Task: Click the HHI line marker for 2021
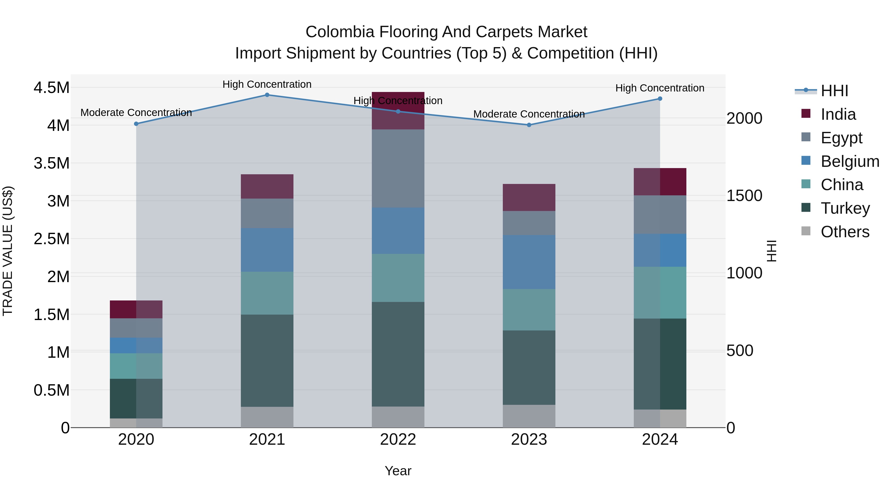(267, 95)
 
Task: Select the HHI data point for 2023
(529, 125)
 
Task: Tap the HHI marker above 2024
(660, 99)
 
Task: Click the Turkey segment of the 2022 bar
(398, 354)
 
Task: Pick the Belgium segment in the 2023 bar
(529, 262)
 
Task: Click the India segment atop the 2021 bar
(267, 186)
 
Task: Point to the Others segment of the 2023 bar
(529, 416)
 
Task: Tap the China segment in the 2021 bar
(267, 293)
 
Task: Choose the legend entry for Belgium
(849, 161)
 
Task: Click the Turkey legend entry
(845, 208)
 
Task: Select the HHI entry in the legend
(834, 91)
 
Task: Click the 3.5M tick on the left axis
(52, 163)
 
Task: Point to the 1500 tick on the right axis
(744, 196)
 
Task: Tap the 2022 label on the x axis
(398, 440)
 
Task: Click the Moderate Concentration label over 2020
(136, 113)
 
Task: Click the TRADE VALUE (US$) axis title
(8, 251)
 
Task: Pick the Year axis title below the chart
(398, 471)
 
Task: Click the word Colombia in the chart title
(340, 32)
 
